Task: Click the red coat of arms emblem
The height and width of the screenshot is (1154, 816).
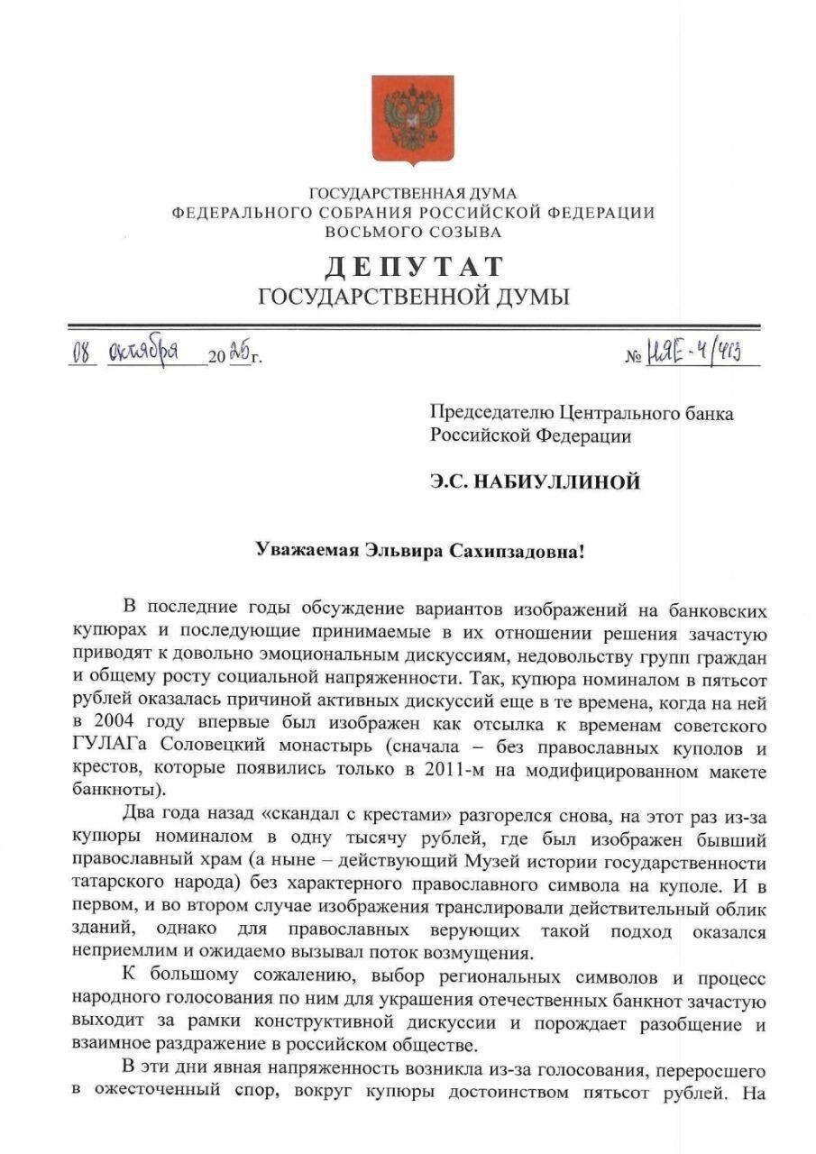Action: (x=413, y=118)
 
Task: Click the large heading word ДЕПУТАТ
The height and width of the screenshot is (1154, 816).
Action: (x=414, y=268)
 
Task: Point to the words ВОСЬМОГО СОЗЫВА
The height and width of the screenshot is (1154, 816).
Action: (x=414, y=232)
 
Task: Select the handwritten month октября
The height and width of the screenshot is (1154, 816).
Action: (x=142, y=351)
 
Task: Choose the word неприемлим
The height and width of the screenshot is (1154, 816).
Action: (x=118, y=954)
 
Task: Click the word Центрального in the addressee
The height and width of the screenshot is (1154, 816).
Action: (x=617, y=414)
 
